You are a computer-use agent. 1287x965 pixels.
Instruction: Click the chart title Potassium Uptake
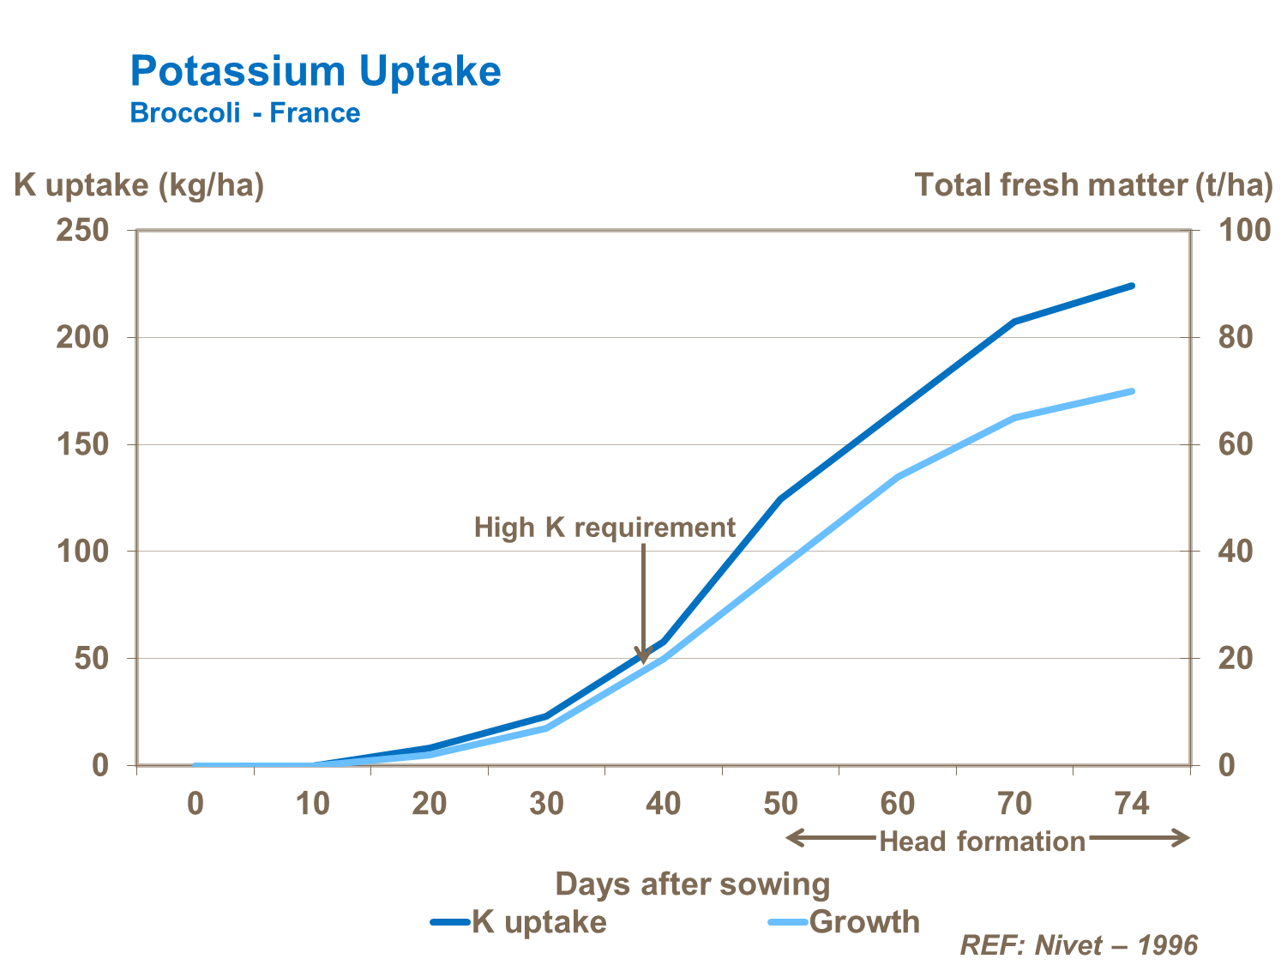point(316,71)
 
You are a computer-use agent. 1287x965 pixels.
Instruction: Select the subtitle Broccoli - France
point(245,113)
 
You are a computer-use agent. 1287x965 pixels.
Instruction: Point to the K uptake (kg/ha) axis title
point(139,185)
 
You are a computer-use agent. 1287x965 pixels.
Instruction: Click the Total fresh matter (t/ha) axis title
point(1093,185)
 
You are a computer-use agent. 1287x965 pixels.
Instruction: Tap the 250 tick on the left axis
point(83,231)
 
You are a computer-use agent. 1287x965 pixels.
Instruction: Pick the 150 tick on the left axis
point(83,444)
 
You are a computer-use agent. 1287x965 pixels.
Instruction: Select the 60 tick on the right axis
point(1236,444)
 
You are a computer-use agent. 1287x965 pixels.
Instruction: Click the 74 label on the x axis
point(1131,804)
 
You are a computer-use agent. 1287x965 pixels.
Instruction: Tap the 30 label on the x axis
point(546,804)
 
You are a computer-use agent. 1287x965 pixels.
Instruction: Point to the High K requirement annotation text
point(604,528)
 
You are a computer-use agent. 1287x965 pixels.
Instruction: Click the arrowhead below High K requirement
point(643,655)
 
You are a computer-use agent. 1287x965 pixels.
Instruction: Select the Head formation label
point(983,841)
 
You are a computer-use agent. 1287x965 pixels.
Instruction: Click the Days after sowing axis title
point(693,884)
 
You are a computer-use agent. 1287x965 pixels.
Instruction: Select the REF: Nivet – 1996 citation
point(1079,945)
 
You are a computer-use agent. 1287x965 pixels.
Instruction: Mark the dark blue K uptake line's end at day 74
point(1132,286)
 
